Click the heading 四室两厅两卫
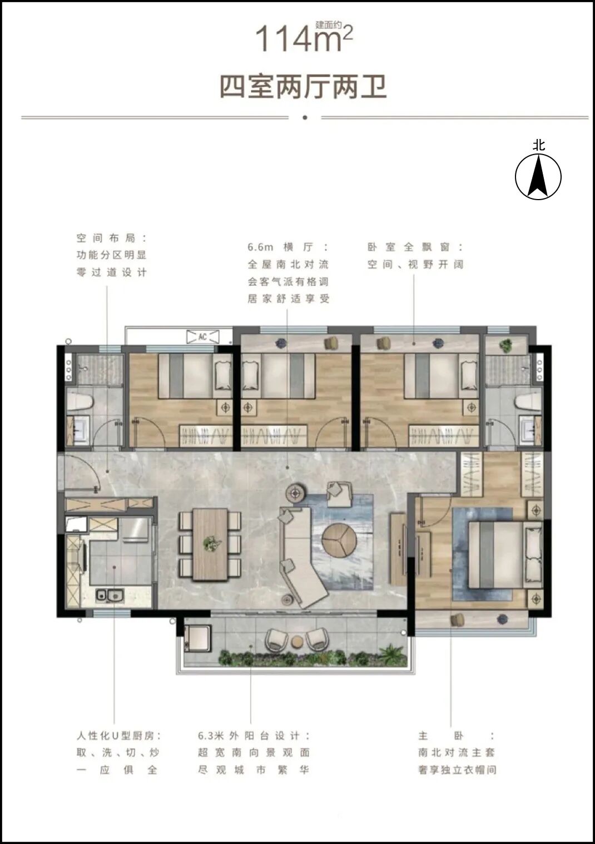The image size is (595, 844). [x=303, y=87]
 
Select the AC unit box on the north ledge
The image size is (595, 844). [x=202, y=336]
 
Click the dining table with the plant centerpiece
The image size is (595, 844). [x=210, y=544]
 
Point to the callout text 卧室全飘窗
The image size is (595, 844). [x=415, y=247]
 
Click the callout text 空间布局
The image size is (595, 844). [x=111, y=238]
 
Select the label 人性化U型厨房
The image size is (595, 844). [x=118, y=736]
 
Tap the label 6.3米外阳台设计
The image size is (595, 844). [x=254, y=736]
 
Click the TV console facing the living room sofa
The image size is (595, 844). [x=398, y=548]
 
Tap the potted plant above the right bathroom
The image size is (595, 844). [x=505, y=345]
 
